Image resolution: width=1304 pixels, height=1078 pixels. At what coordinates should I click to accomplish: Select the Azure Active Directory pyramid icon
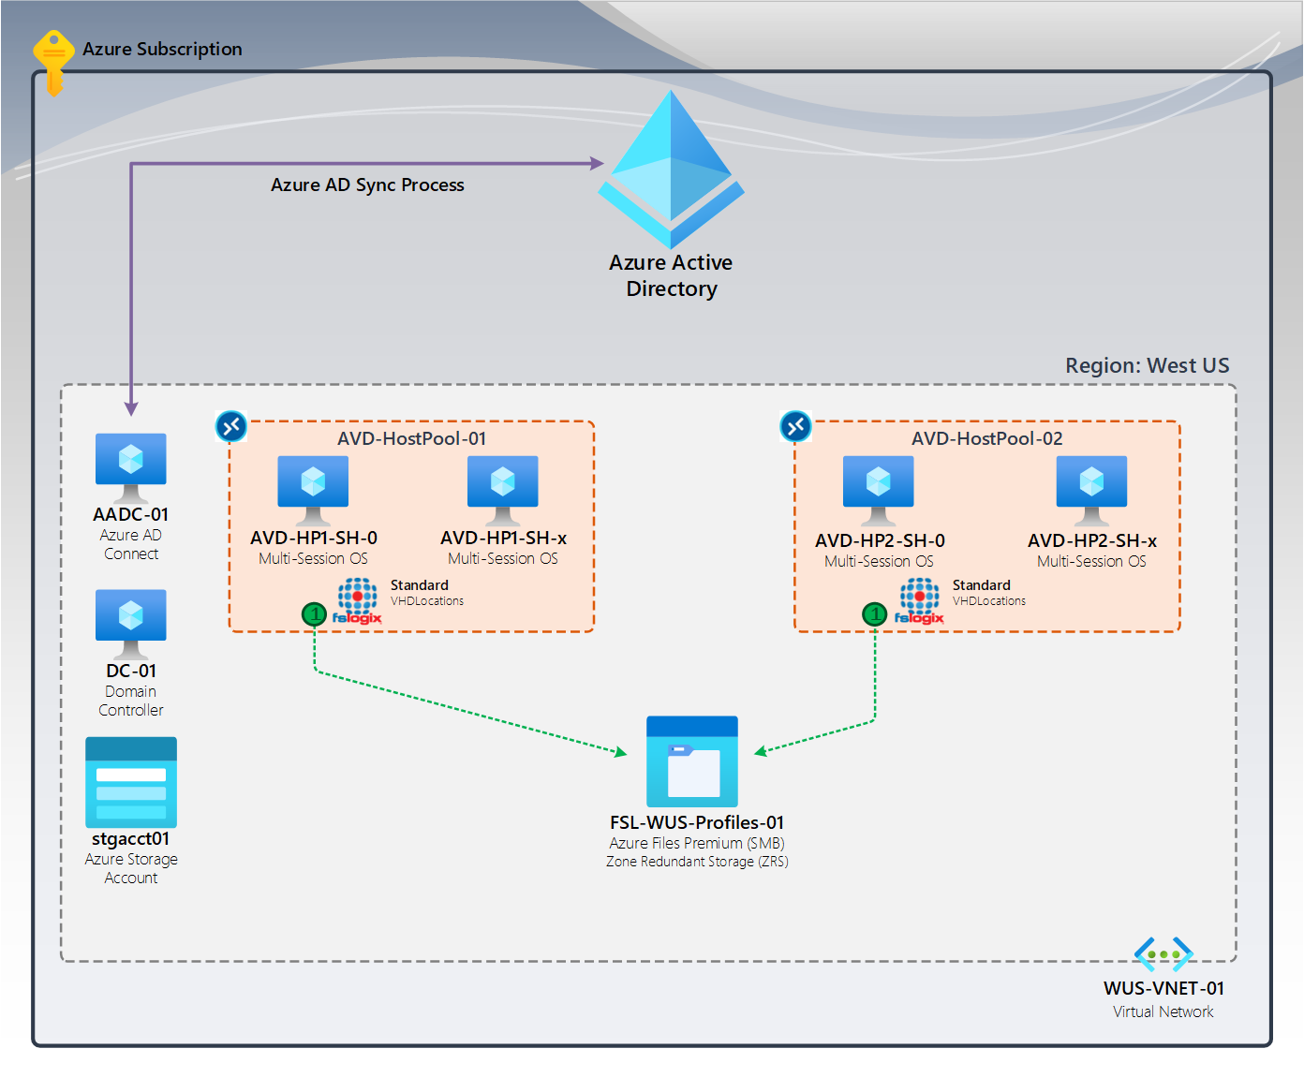click(671, 169)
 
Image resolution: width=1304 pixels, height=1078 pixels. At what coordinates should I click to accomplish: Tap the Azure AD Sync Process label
click(367, 185)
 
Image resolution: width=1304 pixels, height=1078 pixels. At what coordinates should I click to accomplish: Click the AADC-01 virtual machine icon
click(131, 465)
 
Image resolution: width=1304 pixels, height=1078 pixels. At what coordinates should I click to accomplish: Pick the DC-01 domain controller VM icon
click(131, 622)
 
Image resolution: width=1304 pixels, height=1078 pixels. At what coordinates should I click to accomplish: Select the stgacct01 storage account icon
click(131, 782)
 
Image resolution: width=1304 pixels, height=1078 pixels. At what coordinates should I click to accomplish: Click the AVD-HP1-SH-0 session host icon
click(313, 488)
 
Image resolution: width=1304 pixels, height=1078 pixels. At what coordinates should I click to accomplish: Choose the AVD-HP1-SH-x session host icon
click(503, 488)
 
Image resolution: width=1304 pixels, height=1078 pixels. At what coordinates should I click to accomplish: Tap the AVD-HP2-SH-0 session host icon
click(879, 488)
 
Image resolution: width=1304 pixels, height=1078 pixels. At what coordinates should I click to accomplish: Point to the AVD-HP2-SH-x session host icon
click(1091, 488)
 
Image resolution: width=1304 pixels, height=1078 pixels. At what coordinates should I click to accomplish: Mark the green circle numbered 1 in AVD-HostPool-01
click(314, 614)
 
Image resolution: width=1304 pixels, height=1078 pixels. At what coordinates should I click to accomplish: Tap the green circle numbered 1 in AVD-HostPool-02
click(874, 614)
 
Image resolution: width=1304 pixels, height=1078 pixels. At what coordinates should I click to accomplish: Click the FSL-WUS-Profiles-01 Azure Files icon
click(692, 761)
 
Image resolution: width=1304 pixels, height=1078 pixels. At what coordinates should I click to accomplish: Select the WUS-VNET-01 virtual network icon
click(1163, 954)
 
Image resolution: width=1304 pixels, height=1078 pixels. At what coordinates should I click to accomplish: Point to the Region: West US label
click(1147, 365)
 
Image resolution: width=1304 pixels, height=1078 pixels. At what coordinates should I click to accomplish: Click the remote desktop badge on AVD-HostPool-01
click(230, 426)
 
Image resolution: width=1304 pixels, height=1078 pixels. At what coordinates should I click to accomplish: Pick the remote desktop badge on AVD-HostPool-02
click(795, 426)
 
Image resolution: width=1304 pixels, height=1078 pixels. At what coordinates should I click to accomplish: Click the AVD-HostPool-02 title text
click(986, 438)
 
